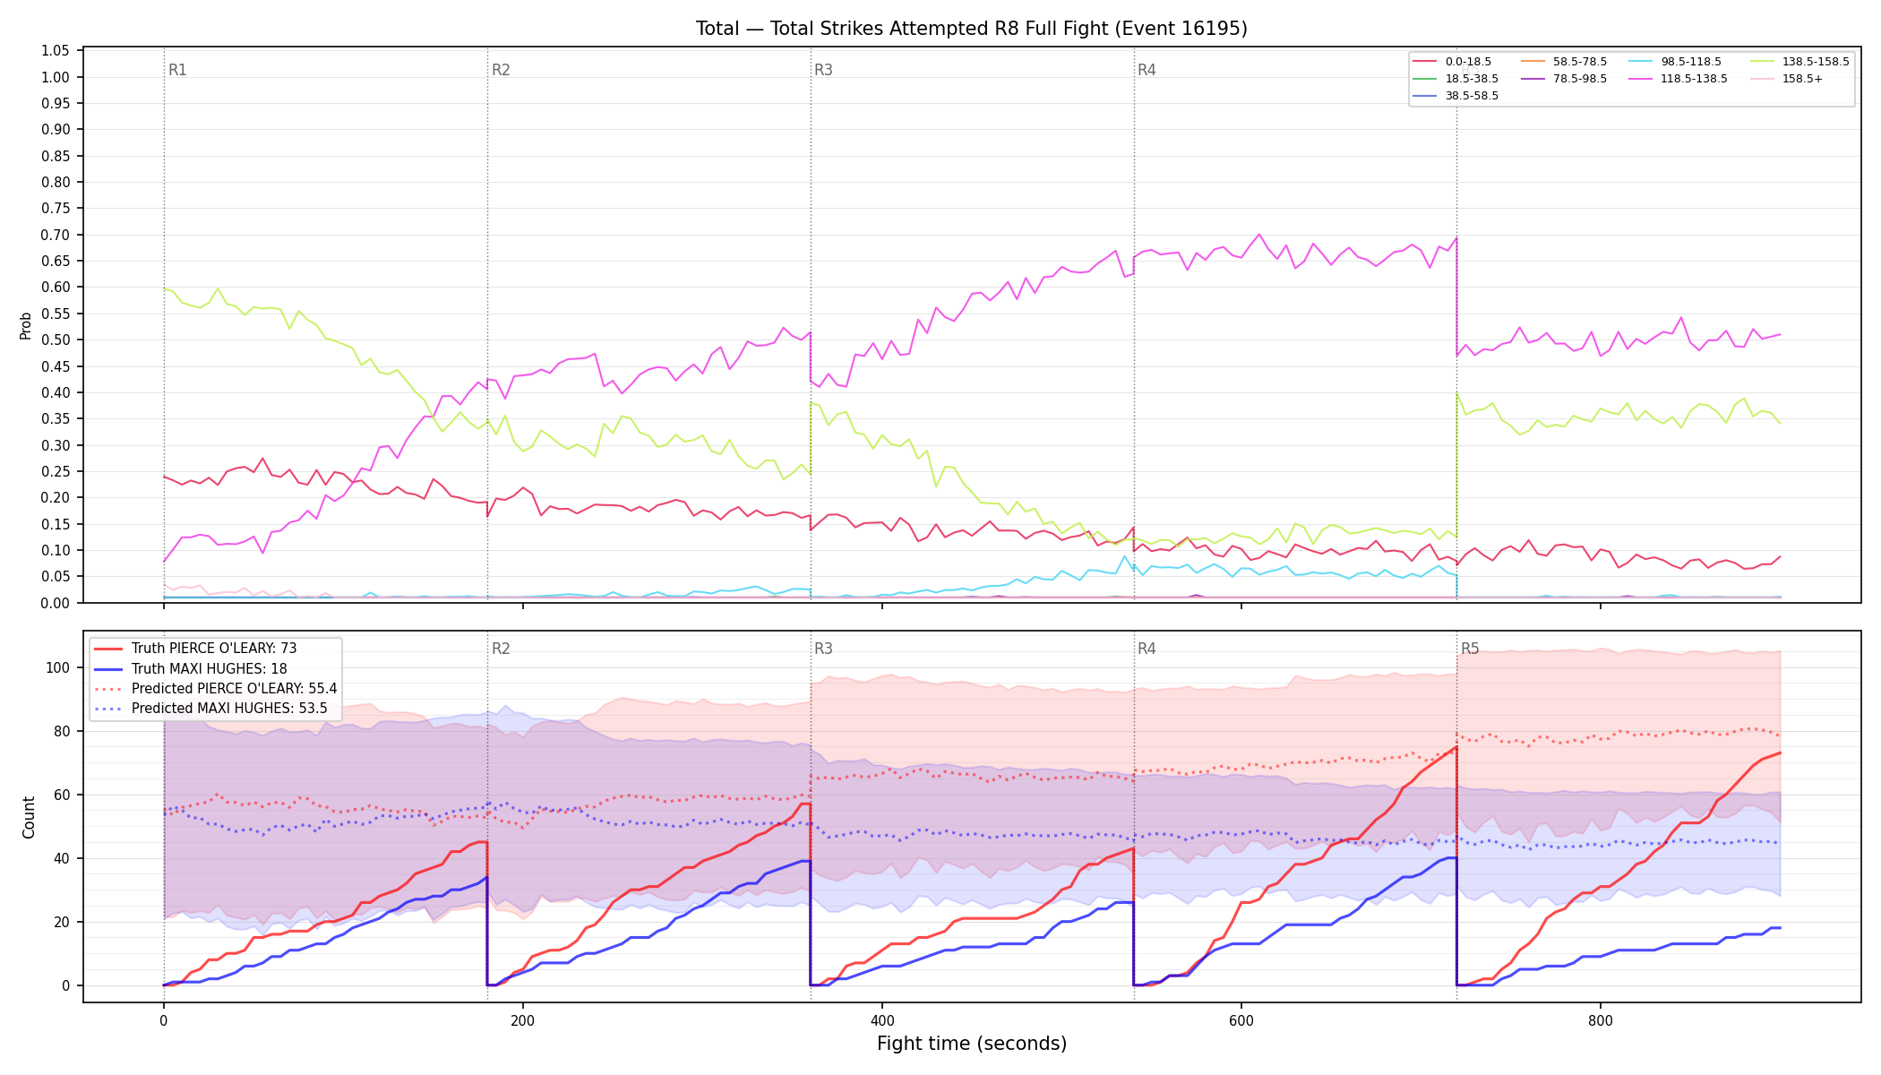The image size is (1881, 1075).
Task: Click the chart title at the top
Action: click(x=971, y=29)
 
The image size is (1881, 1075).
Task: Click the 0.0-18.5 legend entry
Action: click(x=1452, y=62)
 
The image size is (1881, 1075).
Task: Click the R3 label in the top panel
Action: click(x=823, y=70)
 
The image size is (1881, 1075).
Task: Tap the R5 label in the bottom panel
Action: click(x=1470, y=649)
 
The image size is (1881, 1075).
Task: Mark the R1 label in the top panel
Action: click(x=177, y=70)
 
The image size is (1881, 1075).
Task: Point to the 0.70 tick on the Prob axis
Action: click(x=56, y=235)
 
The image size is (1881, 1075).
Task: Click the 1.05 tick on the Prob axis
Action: click(x=56, y=50)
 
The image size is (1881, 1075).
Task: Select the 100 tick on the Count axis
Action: click(x=58, y=667)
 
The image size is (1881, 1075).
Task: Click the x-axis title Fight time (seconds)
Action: click(x=972, y=1044)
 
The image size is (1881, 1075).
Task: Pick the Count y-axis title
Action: click(x=29, y=817)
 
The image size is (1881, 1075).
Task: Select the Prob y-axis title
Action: click(x=26, y=325)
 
